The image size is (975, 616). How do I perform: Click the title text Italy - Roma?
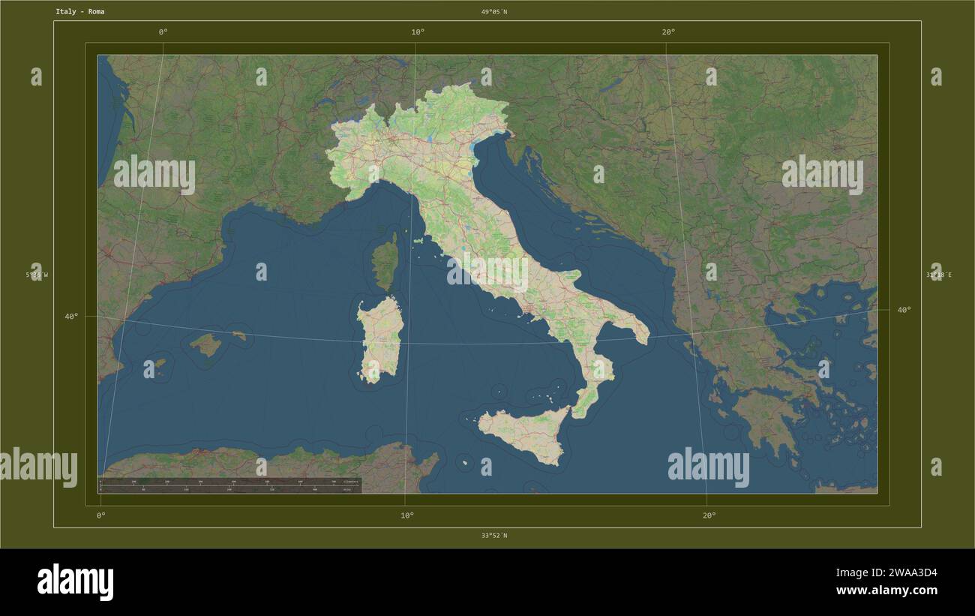(x=79, y=12)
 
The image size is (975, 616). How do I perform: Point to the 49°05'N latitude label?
(x=494, y=12)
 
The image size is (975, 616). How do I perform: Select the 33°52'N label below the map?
(x=494, y=536)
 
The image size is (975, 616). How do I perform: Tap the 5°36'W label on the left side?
(x=37, y=275)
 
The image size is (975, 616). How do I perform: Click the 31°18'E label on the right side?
(x=938, y=275)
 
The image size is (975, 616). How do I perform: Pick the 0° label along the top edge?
(x=163, y=32)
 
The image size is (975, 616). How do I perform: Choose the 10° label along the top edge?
(x=418, y=32)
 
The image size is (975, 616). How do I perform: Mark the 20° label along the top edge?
(x=668, y=32)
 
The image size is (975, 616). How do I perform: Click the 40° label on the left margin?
(x=71, y=317)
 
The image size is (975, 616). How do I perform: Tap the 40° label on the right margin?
(x=904, y=310)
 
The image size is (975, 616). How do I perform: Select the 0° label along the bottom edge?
(x=100, y=515)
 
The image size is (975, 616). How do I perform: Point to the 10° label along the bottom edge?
(x=406, y=515)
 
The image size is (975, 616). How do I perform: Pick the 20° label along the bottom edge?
(x=709, y=515)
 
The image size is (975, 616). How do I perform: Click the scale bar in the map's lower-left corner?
(x=229, y=485)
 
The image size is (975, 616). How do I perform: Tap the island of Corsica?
(x=385, y=262)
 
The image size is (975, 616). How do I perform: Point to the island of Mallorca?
(x=205, y=345)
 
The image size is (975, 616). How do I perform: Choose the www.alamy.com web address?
(x=886, y=590)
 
